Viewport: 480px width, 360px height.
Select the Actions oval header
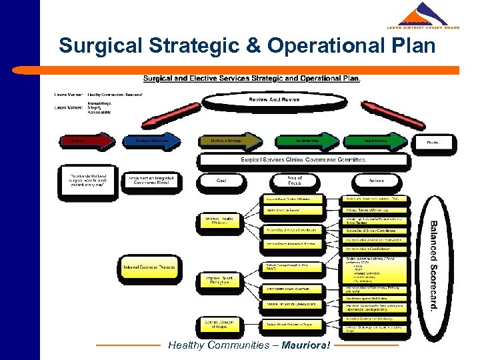point(375,180)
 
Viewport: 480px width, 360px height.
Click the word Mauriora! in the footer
point(305,345)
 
